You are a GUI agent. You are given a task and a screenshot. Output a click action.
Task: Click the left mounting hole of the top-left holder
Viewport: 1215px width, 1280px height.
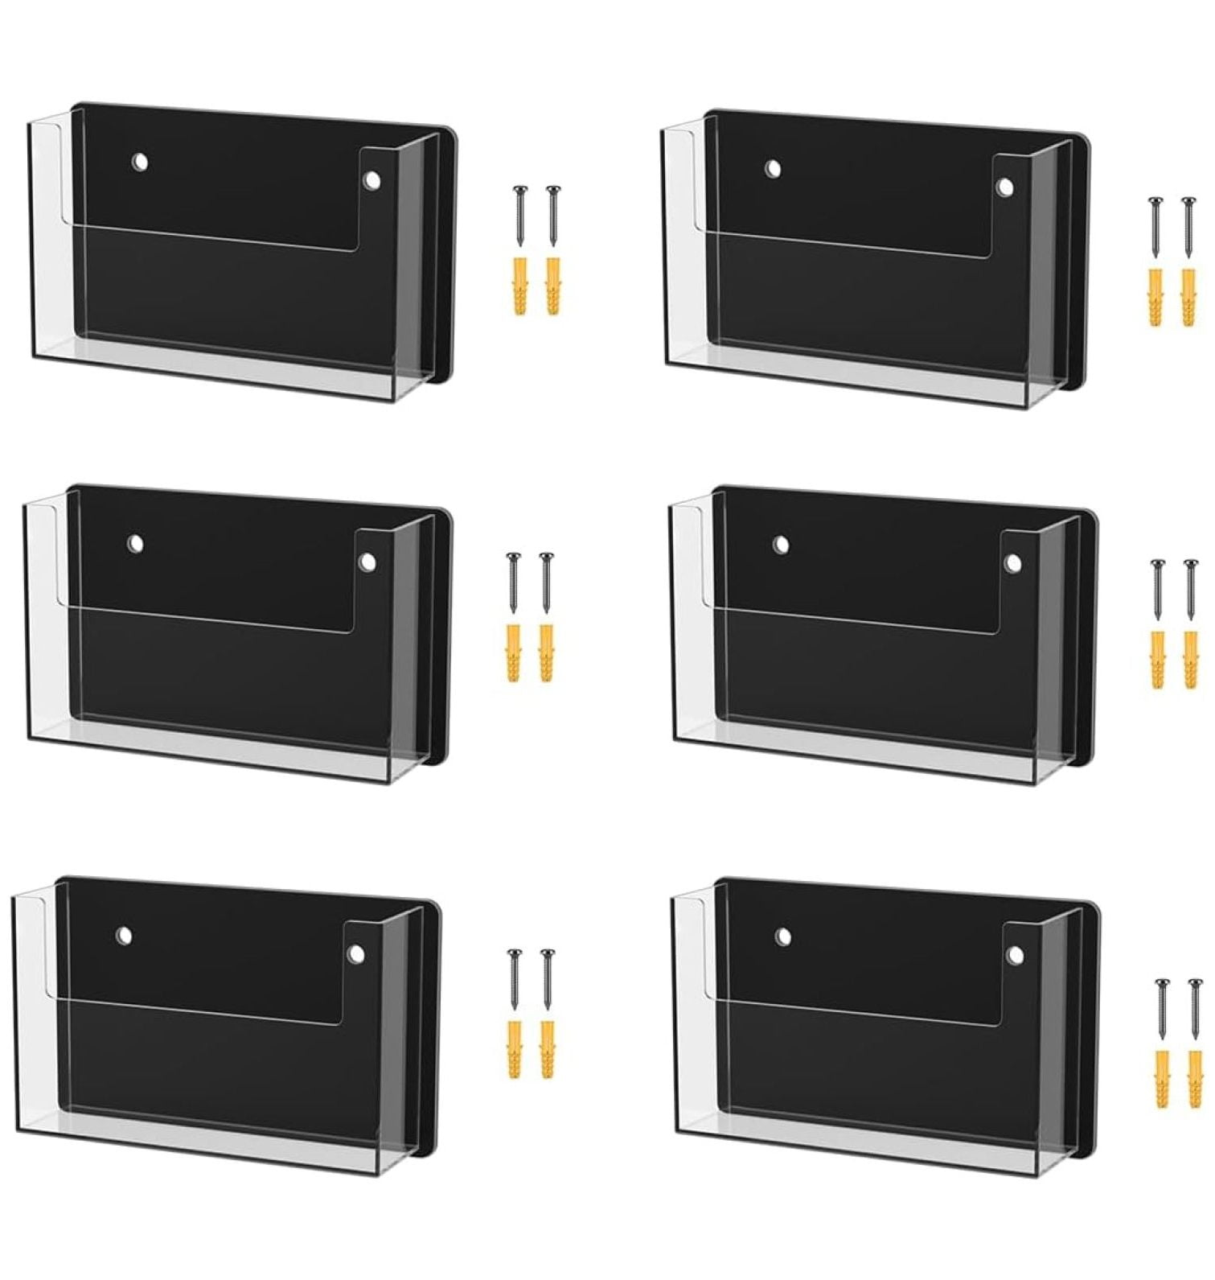tap(141, 163)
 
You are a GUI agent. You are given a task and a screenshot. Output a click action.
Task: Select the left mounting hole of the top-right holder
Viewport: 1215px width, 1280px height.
tap(774, 170)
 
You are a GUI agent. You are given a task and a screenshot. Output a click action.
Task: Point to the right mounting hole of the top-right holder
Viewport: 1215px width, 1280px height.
tap(1004, 187)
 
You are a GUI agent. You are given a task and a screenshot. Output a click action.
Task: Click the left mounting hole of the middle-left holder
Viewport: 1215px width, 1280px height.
tap(136, 545)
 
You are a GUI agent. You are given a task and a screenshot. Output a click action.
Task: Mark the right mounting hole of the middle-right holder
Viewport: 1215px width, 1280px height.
tap(1012, 562)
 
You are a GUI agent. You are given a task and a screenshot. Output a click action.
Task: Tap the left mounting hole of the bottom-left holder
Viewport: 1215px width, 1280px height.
tap(124, 935)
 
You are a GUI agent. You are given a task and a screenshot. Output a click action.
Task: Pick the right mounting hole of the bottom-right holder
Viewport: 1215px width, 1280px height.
tap(1015, 955)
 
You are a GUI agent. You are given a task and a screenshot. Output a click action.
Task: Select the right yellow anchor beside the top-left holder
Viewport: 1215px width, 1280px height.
tap(552, 286)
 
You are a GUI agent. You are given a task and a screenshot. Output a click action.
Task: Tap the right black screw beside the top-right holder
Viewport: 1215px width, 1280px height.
tap(1188, 227)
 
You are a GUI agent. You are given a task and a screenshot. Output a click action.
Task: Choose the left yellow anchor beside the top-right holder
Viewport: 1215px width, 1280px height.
tap(1155, 297)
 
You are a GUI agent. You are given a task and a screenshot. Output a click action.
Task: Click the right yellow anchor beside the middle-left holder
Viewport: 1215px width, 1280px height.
tap(546, 652)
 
